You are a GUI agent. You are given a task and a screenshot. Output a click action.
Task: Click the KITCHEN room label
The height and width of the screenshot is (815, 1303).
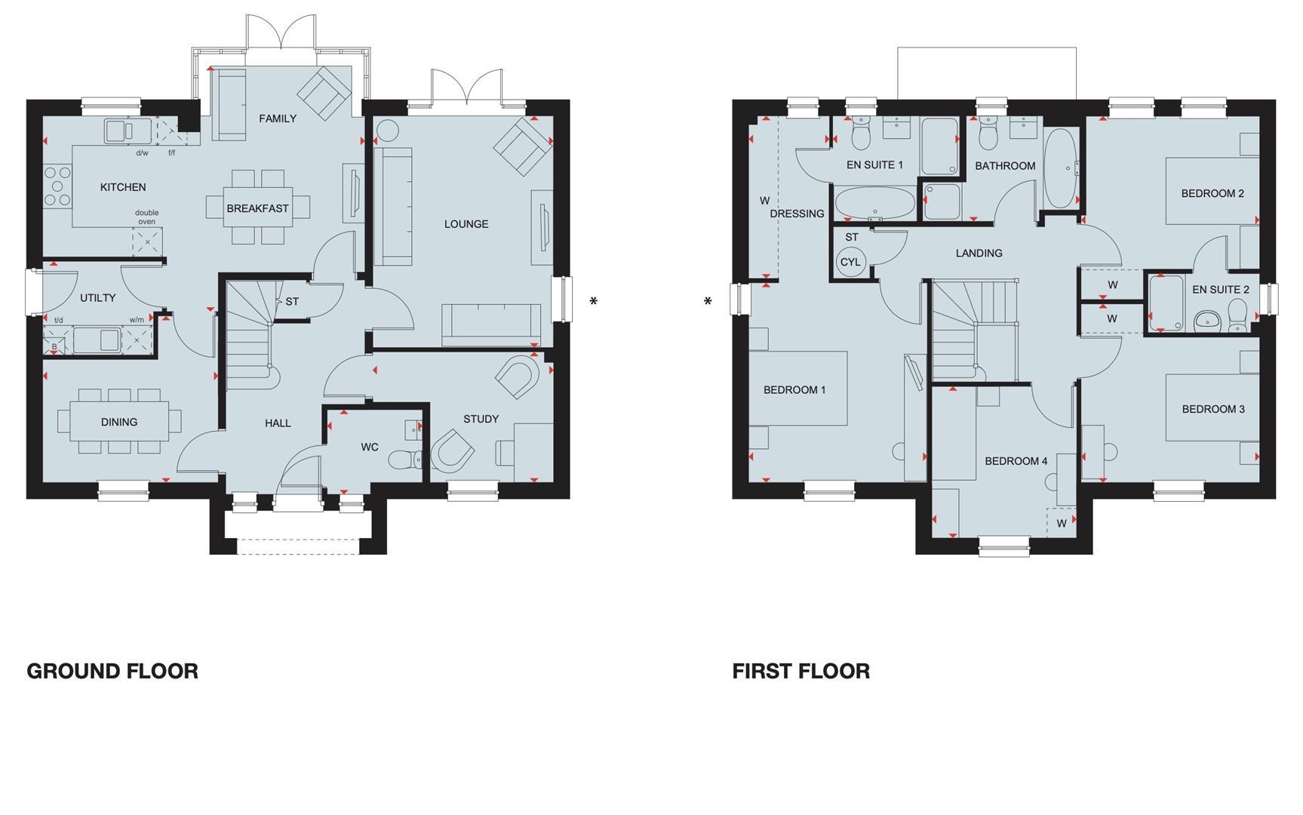click(x=123, y=187)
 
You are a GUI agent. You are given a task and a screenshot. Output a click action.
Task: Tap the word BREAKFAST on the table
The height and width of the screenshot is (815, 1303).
click(x=257, y=208)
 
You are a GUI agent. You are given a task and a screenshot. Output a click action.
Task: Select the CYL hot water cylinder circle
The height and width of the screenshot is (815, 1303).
click(x=850, y=263)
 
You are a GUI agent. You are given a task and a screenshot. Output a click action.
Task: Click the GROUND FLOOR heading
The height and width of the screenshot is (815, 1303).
click(x=112, y=671)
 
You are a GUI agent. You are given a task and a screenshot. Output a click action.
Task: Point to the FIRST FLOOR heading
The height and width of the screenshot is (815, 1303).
click(x=801, y=671)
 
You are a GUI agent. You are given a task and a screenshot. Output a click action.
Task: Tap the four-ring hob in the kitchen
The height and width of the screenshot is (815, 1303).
click(x=56, y=186)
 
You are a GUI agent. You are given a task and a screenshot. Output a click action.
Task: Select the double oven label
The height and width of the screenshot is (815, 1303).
click(x=147, y=217)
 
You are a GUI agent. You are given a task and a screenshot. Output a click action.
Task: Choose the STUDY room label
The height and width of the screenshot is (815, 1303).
click(x=481, y=419)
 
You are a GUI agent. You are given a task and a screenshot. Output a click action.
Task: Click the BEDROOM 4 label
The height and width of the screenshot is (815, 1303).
click(x=1016, y=461)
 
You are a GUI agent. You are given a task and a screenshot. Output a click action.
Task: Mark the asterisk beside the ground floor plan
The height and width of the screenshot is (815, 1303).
click(x=594, y=303)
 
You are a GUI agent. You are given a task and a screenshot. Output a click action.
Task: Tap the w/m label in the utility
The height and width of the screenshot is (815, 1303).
click(x=137, y=320)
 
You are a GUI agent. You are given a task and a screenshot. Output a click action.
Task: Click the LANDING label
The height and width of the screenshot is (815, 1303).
click(x=979, y=253)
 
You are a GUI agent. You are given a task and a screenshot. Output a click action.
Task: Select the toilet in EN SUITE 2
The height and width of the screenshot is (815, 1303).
click(x=1237, y=314)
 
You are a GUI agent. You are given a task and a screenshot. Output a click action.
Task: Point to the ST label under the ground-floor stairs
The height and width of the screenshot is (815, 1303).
click(x=292, y=301)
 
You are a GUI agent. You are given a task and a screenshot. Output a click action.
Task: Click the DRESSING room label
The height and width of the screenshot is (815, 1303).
click(x=797, y=214)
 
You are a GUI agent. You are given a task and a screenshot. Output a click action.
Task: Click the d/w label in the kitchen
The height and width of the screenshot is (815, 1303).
click(x=142, y=153)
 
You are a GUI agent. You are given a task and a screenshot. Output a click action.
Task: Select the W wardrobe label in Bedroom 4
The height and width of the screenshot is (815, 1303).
click(x=1062, y=523)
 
